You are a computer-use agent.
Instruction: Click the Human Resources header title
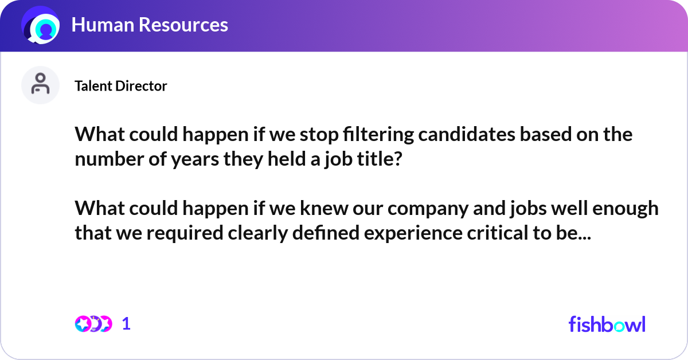(150, 25)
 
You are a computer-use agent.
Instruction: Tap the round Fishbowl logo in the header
(41, 25)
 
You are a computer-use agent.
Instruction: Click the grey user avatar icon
(40, 85)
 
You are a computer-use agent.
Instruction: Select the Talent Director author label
(120, 86)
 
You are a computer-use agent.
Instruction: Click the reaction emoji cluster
(93, 324)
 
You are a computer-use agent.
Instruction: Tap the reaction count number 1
(126, 324)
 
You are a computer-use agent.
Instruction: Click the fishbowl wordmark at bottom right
(607, 324)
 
